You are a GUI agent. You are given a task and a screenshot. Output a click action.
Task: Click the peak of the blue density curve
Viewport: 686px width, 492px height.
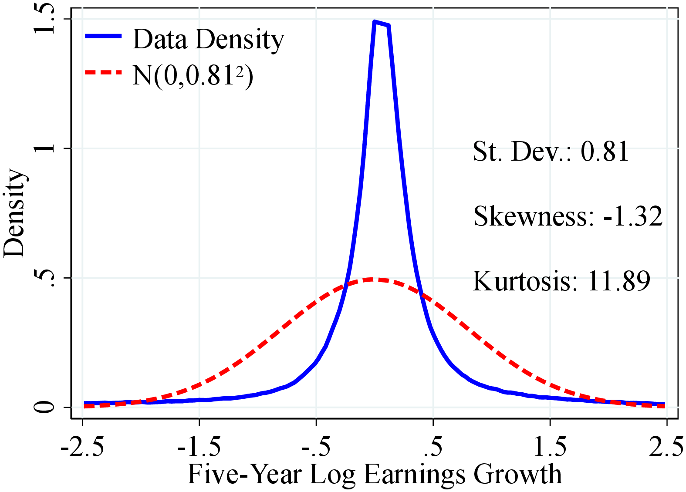coord(375,22)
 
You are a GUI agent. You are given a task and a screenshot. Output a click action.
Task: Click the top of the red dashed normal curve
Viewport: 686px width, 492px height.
coord(373,280)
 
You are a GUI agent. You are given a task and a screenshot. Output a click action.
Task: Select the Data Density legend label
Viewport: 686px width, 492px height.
coord(208,40)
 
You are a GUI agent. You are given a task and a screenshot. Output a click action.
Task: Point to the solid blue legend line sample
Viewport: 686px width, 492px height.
coord(103,37)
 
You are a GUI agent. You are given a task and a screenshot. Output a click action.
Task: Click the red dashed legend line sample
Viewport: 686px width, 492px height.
coord(103,72)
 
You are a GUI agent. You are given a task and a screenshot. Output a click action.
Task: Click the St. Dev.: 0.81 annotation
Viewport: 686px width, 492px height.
coord(551,152)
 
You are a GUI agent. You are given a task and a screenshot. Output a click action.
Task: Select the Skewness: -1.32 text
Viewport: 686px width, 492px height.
coord(568,216)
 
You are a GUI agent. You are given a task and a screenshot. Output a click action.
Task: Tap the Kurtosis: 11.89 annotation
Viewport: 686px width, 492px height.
coord(561,281)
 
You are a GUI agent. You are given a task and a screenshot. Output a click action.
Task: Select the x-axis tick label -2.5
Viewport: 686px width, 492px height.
coord(82,447)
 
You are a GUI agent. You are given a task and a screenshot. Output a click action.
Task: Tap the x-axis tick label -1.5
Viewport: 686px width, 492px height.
coord(199,447)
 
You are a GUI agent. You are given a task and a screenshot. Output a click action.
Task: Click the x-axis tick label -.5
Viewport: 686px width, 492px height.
coord(316,447)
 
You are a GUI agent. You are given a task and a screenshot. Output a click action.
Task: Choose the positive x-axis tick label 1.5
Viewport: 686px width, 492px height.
coord(550,447)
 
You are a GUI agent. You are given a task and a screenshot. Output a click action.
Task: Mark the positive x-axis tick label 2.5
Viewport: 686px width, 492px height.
coord(666,447)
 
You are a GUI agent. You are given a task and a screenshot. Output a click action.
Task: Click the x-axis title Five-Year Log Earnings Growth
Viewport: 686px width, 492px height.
coord(375,474)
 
